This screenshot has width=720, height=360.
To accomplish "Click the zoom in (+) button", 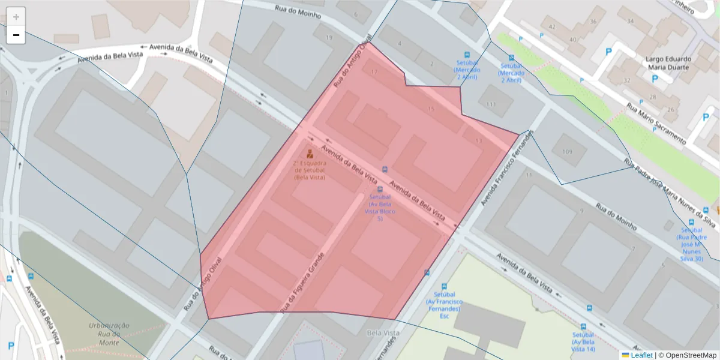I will (x=16, y=17).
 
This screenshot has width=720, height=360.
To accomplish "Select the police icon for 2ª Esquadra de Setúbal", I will (x=310, y=154).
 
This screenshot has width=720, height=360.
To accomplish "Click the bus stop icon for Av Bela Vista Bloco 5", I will (x=380, y=189).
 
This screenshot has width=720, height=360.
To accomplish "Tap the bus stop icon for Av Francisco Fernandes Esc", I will (x=444, y=287).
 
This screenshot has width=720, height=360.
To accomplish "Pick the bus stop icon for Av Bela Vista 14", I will (x=589, y=308).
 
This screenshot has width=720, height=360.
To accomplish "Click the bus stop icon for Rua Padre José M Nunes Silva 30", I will (x=691, y=222).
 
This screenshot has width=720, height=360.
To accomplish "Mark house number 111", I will (x=491, y=104).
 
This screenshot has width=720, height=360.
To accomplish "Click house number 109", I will (x=567, y=152).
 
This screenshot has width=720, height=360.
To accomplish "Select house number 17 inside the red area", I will (x=374, y=73).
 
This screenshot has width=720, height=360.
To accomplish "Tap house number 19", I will (x=329, y=38).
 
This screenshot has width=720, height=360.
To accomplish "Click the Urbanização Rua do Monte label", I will (x=109, y=334).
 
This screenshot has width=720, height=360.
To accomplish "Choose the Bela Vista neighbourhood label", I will (x=382, y=332).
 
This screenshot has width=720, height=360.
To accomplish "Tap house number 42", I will (x=553, y=27).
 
